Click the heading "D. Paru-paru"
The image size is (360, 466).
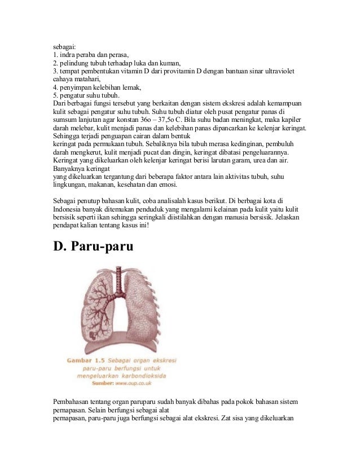pos(93,247)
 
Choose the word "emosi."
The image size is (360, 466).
pos(166,184)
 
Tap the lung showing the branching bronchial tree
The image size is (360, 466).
pos(99,316)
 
